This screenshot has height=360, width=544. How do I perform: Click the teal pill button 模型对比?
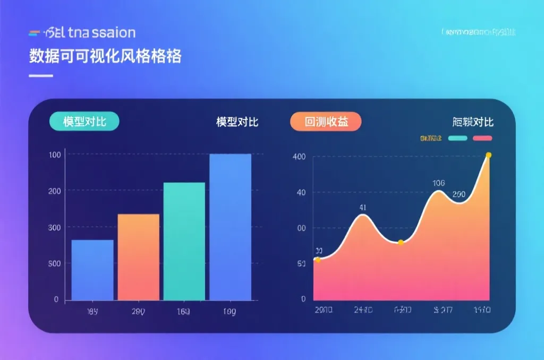pyautogui.click(x=84, y=122)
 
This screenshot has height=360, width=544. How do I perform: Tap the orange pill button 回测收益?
pyautogui.click(x=326, y=122)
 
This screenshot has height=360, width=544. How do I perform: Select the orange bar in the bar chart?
pyautogui.click(x=138, y=257)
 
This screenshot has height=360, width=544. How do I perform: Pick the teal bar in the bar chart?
pyautogui.click(x=184, y=241)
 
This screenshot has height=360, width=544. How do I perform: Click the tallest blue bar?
pyautogui.click(x=230, y=227)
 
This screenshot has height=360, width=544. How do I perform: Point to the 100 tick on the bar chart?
pyautogui.click(x=55, y=155)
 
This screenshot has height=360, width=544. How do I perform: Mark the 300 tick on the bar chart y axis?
pyautogui.click(x=54, y=227)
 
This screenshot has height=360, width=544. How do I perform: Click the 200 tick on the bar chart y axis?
pyautogui.click(x=54, y=191)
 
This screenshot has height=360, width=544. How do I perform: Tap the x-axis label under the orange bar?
pyautogui.click(x=138, y=311)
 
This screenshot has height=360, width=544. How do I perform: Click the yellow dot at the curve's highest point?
pyautogui.click(x=489, y=155)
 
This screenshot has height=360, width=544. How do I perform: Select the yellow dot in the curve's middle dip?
pyautogui.click(x=401, y=243)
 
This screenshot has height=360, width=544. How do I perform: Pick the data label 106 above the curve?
pyautogui.click(x=438, y=183)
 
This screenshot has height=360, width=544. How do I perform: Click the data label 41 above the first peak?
pyautogui.click(x=363, y=208)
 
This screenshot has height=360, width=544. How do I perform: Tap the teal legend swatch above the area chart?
pyautogui.click(x=458, y=139)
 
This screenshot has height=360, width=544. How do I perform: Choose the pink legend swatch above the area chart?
pyautogui.click(x=482, y=139)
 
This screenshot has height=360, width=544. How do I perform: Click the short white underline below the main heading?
pyautogui.click(x=41, y=76)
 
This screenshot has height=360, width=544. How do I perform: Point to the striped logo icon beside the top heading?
pyautogui.click(x=35, y=33)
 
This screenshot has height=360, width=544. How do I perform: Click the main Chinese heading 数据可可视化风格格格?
pyautogui.click(x=105, y=56)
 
